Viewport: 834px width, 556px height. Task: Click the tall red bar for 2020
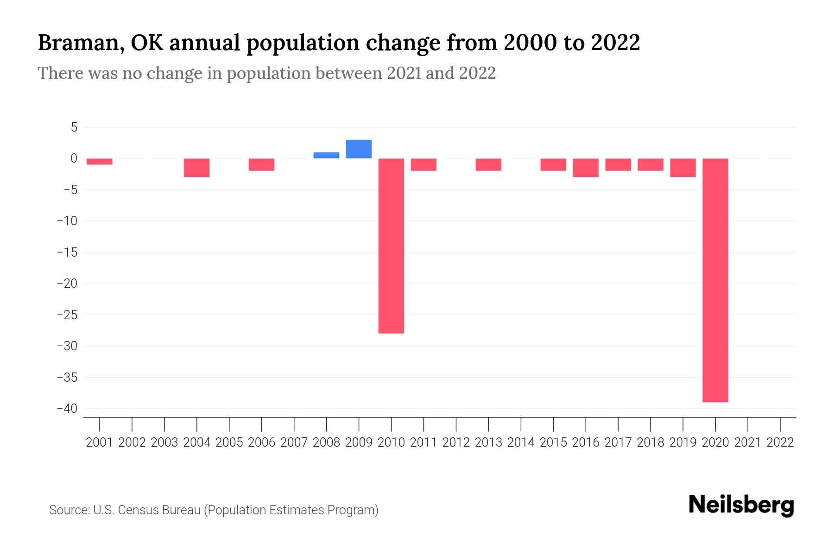pyautogui.click(x=715, y=280)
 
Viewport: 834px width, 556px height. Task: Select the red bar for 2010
pyautogui.click(x=391, y=246)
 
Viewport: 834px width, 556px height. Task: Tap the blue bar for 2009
pyautogui.click(x=359, y=149)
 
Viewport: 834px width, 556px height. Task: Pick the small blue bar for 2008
pyautogui.click(x=326, y=155)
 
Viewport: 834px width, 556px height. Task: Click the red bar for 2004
pyautogui.click(x=196, y=167)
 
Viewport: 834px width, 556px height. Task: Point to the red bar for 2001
pyautogui.click(x=100, y=161)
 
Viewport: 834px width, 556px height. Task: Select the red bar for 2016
pyautogui.click(x=586, y=167)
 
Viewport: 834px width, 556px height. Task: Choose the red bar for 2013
pyautogui.click(x=488, y=164)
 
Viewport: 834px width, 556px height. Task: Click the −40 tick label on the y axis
pyautogui.click(x=67, y=409)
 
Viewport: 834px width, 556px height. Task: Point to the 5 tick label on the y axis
pyautogui.click(x=74, y=127)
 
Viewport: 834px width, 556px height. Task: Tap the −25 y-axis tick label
pyautogui.click(x=67, y=315)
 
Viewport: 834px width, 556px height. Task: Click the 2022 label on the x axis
pyautogui.click(x=780, y=442)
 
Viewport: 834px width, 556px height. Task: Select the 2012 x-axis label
pyautogui.click(x=456, y=442)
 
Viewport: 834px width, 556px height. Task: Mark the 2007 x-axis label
pyautogui.click(x=294, y=442)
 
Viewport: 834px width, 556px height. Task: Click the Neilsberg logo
pyautogui.click(x=741, y=505)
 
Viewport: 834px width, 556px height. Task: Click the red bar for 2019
pyautogui.click(x=682, y=167)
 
